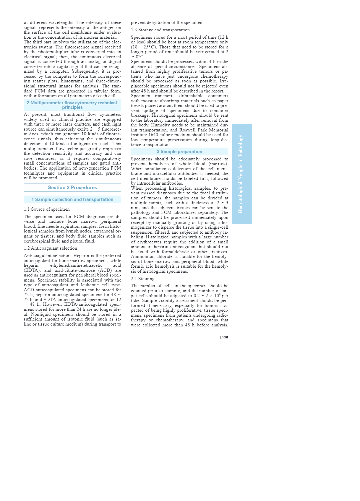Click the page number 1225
[223, 338]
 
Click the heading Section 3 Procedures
[72, 188]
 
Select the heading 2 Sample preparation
[179, 152]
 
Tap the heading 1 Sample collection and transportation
[72, 199]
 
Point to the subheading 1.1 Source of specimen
[47, 209]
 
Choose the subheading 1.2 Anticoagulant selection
[51, 248]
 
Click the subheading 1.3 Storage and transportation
[160, 30]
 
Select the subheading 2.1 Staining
[143, 279]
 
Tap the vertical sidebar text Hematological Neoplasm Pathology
[241, 174]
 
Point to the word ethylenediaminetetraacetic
[76, 266]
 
